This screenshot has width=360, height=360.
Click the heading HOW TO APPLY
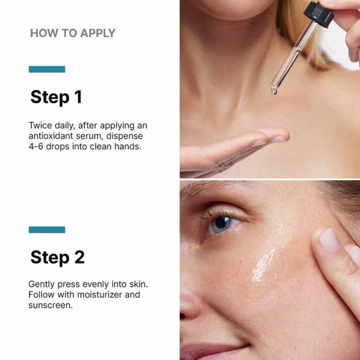tap(73, 33)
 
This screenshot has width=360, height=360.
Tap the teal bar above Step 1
tap(47, 69)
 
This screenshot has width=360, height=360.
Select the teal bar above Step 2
tap(47, 230)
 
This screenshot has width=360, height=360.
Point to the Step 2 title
tap(58, 257)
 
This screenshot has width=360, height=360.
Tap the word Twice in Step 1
tap(40, 125)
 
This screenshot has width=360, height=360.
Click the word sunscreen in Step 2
tap(50, 305)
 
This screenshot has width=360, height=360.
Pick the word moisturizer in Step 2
tap(95, 294)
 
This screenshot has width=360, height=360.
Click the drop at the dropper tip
tap(274, 92)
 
